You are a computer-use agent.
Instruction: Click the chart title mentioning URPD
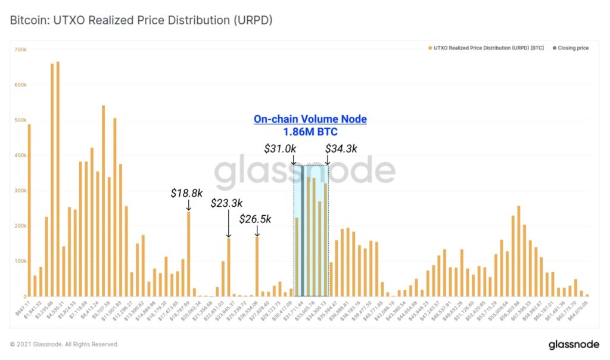141,20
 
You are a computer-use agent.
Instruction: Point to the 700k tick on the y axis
20,49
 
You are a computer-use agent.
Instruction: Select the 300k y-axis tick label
20,191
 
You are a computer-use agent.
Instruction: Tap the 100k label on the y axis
20,261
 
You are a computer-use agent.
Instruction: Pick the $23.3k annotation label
228,203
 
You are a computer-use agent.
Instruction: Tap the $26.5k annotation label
256,219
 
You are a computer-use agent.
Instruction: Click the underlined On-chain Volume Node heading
310,119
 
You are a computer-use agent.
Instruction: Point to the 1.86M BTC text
310,132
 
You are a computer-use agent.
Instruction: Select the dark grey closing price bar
302,232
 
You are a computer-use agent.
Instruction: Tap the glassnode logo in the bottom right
574,345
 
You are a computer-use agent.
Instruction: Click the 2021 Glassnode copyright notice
64,345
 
